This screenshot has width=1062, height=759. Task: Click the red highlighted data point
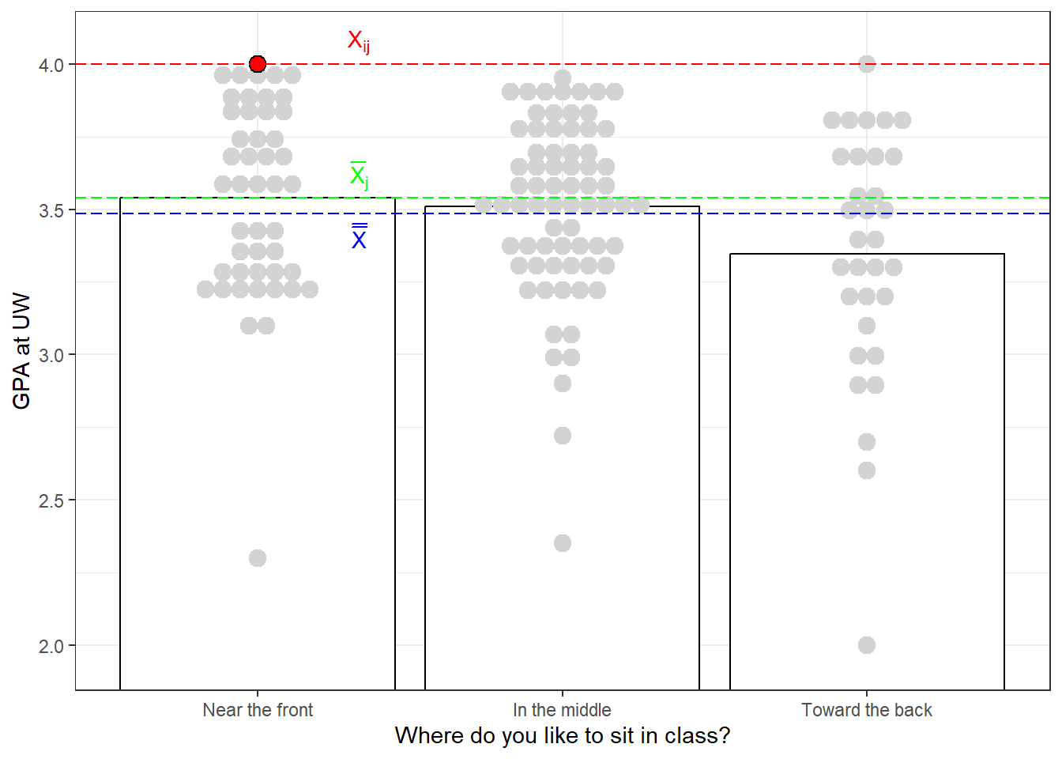(x=258, y=64)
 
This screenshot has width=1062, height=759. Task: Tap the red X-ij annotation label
(x=358, y=41)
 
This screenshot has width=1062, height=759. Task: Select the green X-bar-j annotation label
(x=359, y=176)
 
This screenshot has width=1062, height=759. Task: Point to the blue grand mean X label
(x=359, y=238)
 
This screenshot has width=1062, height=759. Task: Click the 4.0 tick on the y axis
(x=51, y=65)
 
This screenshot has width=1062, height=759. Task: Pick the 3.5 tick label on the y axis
(x=51, y=210)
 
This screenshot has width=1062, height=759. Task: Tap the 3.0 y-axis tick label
(x=51, y=355)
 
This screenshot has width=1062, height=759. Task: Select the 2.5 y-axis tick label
(x=51, y=500)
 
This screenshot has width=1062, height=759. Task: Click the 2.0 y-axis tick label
(x=51, y=646)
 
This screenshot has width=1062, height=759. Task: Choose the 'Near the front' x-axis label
(x=258, y=710)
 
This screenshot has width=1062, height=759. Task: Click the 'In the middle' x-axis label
(x=562, y=710)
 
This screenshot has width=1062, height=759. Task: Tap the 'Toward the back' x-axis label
(x=867, y=710)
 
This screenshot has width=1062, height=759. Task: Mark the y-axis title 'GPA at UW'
(x=21, y=351)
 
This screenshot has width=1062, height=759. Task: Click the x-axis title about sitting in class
(x=562, y=736)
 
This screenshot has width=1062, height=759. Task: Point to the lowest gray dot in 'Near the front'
(x=258, y=558)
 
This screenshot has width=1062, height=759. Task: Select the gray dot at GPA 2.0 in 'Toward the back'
(x=867, y=645)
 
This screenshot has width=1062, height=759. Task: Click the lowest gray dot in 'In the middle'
(x=563, y=543)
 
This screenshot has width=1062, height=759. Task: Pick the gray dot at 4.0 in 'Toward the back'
(x=867, y=64)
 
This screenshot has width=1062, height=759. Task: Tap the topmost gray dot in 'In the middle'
(x=563, y=78)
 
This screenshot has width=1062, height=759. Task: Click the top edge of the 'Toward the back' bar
(x=867, y=254)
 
